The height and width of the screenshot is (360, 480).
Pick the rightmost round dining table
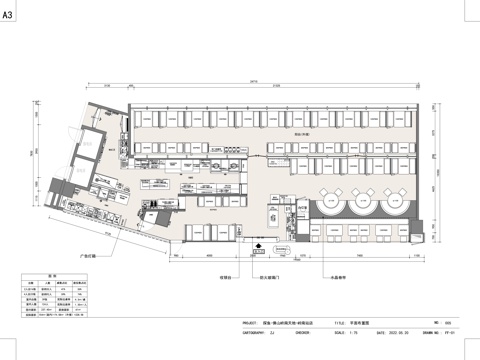pyautogui.click(x=392, y=206)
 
